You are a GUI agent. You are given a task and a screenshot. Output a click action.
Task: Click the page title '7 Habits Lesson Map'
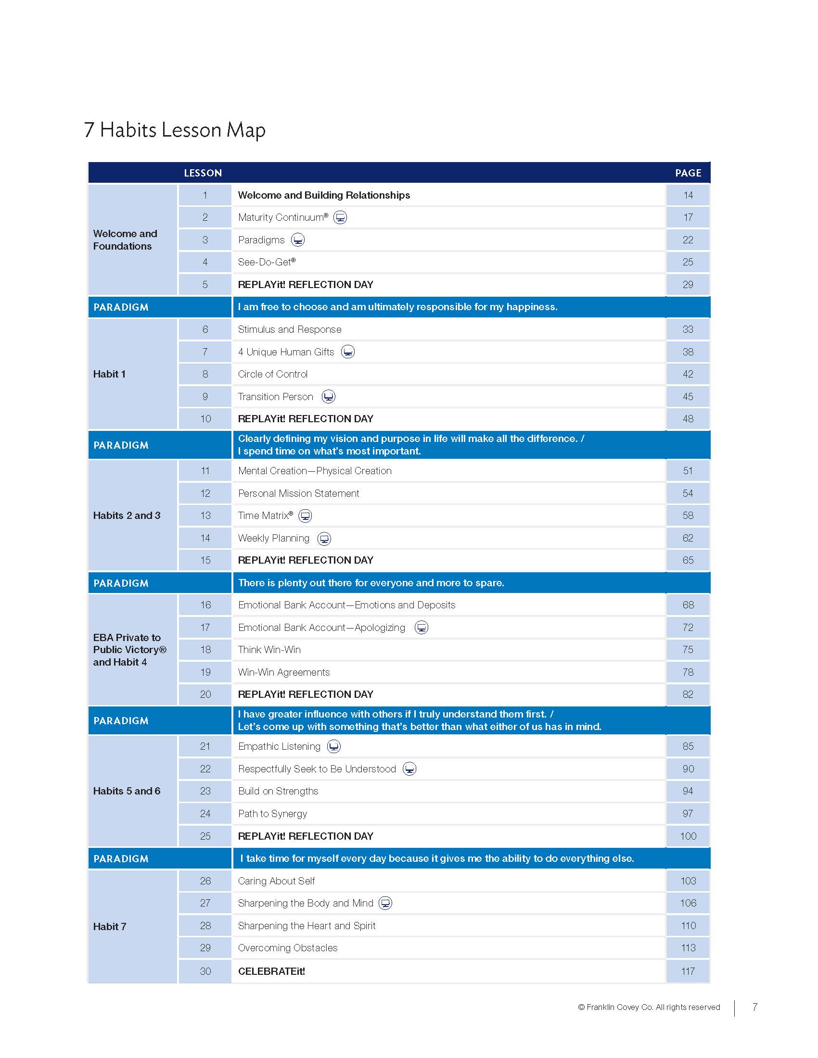[x=175, y=130]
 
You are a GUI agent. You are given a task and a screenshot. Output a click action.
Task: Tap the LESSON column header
[x=203, y=173]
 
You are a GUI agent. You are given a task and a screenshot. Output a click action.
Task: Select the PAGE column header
[x=688, y=173]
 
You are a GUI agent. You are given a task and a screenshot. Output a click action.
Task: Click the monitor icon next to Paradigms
[x=297, y=240]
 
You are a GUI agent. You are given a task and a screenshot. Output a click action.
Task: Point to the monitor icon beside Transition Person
[x=329, y=396]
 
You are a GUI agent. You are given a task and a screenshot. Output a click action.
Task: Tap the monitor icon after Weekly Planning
[x=324, y=538]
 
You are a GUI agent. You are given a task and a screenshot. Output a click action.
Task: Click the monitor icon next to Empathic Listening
[x=334, y=746]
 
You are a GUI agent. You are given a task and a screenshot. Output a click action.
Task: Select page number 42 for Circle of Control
[x=688, y=374]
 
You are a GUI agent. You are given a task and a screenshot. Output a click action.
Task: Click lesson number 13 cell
[x=205, y=516]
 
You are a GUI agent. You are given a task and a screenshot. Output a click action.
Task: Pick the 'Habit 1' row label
[x=110, y=374]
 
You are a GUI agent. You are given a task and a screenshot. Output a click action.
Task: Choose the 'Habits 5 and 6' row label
[x=127, y=791]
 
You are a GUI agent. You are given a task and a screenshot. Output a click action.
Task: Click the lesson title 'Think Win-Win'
[x=269, y=650]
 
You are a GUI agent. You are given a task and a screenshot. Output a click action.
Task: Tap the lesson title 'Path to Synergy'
[x=272, y=813]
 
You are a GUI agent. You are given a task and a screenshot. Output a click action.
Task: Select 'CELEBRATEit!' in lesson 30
[x=271, y=971]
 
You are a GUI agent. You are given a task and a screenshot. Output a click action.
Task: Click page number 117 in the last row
[x=688, y=971]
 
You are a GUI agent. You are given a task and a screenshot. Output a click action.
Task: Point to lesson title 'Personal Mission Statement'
[x=298, y=493]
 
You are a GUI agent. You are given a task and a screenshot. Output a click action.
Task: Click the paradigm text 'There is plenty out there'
[x=371, y=583]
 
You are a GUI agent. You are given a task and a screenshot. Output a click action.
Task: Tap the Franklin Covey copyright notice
[x=649, y=1007]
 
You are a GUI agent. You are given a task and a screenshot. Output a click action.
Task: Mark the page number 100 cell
[x=688, y=836]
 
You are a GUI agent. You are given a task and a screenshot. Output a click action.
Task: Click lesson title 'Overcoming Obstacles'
[x=287, y=947]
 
